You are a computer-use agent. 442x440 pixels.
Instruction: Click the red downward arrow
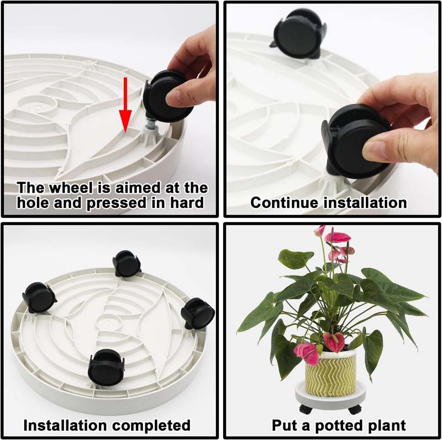click(x=126, y=105)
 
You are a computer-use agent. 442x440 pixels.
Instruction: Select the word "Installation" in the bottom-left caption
click(x=64, y=425)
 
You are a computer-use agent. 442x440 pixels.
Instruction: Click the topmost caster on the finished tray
click(x=127, y=264)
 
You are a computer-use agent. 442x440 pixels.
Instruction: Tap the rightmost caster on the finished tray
click(x=198, y=313)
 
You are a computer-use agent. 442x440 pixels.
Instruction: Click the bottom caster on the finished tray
click(x=106, y=367)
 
